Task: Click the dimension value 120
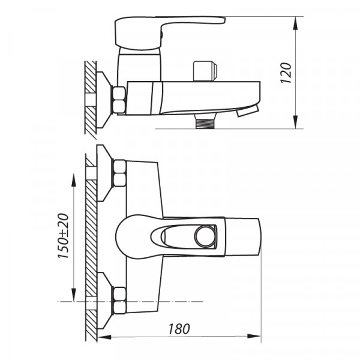click(x=287, y=73)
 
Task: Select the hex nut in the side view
click(x=119, y=100)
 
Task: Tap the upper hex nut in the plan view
click(x=119, y=172)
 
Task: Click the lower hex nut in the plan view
click(x=119, y=301)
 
